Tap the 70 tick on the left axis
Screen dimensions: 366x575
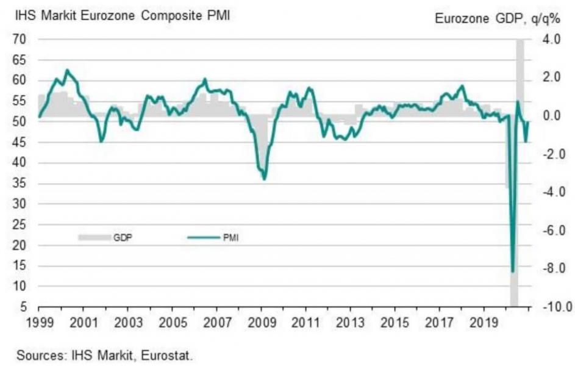pos(20,39)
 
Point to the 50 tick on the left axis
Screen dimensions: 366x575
pos(20,121)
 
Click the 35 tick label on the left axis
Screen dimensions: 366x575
pos(20,183)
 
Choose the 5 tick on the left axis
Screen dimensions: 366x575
pos(23,307)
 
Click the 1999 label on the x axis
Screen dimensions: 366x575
pos(38,321)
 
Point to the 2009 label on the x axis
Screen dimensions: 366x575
pos(262,321)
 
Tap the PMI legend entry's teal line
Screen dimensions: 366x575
pos(200,238)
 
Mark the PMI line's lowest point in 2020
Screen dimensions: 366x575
pos(513,271)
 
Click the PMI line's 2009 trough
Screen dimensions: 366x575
pos(264,179)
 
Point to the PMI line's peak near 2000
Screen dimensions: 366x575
pos(66,70)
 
